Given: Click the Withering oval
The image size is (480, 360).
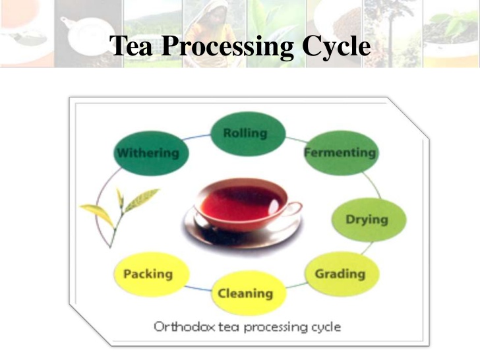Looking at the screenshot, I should click(x=148, y=153).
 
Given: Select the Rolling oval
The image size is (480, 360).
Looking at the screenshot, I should click(x=245, y=134).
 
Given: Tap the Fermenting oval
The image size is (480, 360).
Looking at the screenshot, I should click(x=340, y=153).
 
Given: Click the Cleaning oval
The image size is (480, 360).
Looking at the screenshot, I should click(x=245, y=293).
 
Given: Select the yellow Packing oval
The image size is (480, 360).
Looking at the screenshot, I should click(x=148, y=274).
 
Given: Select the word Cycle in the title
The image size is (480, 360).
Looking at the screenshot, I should click(x=336, y=46).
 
